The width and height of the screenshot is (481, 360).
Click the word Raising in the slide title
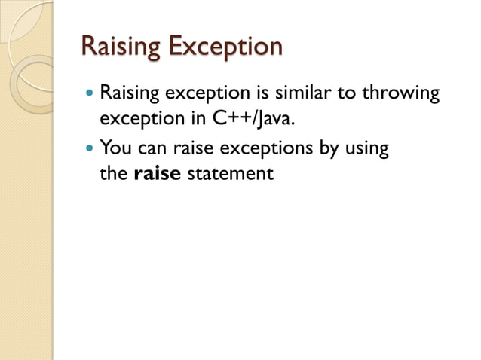click(119, 47)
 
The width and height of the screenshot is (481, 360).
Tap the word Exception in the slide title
click(225, 47)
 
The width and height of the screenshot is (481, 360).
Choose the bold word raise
click(157, 173)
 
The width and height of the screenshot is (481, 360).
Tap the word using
click(366, 148)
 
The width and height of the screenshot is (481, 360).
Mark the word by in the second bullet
click(329, 148)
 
